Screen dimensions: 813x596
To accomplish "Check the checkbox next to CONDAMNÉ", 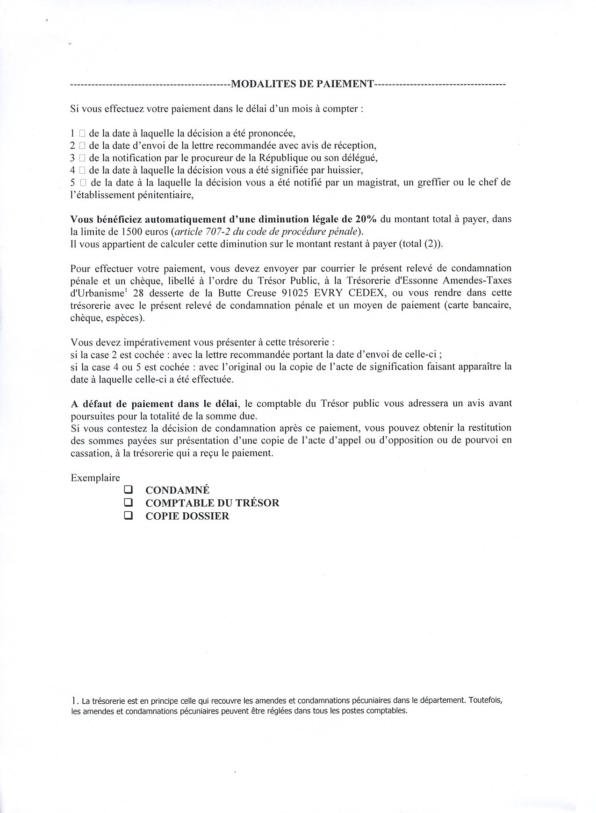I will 128,490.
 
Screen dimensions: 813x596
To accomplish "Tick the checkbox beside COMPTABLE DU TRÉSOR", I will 128,503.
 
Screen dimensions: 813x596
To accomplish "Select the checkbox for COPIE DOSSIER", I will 128,516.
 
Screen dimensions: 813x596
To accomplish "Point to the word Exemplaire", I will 95,478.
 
